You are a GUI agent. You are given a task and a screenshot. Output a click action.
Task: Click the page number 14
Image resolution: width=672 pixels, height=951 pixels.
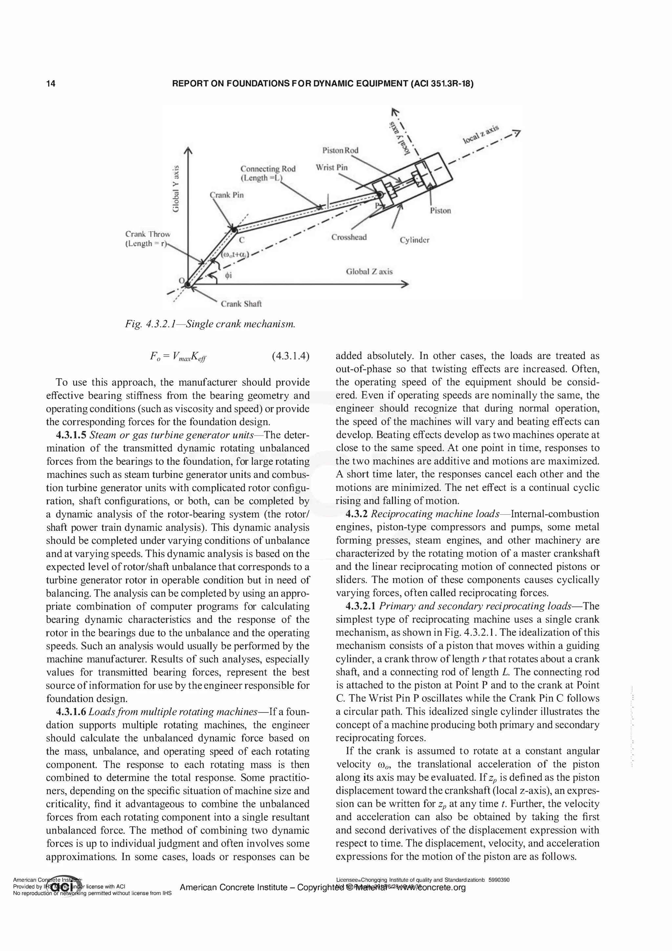pyautogui.click(x=51, y=84)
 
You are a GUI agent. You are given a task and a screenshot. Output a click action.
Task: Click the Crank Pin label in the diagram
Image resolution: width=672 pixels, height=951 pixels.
pyautogui.click(x=226, y=195)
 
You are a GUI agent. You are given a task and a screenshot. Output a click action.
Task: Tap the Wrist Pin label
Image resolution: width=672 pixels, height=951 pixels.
pyautogui.click(x=332, y=168)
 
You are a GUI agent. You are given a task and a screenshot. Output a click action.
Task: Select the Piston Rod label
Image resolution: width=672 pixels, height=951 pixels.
pyautogui.click(x=340, y=150)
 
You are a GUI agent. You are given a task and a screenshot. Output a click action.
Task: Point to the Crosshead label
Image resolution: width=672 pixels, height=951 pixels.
pyautogui.click(x=348, y=237)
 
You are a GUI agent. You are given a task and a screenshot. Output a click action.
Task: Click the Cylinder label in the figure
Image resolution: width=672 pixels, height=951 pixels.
pyautogui.click(x=414, y=240)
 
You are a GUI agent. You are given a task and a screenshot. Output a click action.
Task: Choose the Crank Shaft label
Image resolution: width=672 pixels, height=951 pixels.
pyautogui.click(x=241, y=304)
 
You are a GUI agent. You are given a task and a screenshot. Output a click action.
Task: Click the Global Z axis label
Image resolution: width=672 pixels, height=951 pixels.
pyautogui.click(x=369, y=272)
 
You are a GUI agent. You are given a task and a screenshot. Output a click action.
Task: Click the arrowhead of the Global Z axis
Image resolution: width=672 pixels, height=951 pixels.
pyautogui.click(x=406, y=284)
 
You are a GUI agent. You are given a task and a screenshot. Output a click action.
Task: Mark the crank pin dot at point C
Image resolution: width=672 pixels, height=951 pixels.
pyautogui.click(x=234, y=230)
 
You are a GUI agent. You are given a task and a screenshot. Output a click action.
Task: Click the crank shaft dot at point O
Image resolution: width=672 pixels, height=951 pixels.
pyautogui.click(x=188, y=285)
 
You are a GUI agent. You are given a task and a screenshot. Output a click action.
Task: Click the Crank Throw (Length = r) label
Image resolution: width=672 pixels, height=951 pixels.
pyautogui.click(x=147, y=239)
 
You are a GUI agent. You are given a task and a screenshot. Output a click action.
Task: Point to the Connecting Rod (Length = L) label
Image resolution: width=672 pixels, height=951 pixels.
pyautogui.click(x=267, y=173)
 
